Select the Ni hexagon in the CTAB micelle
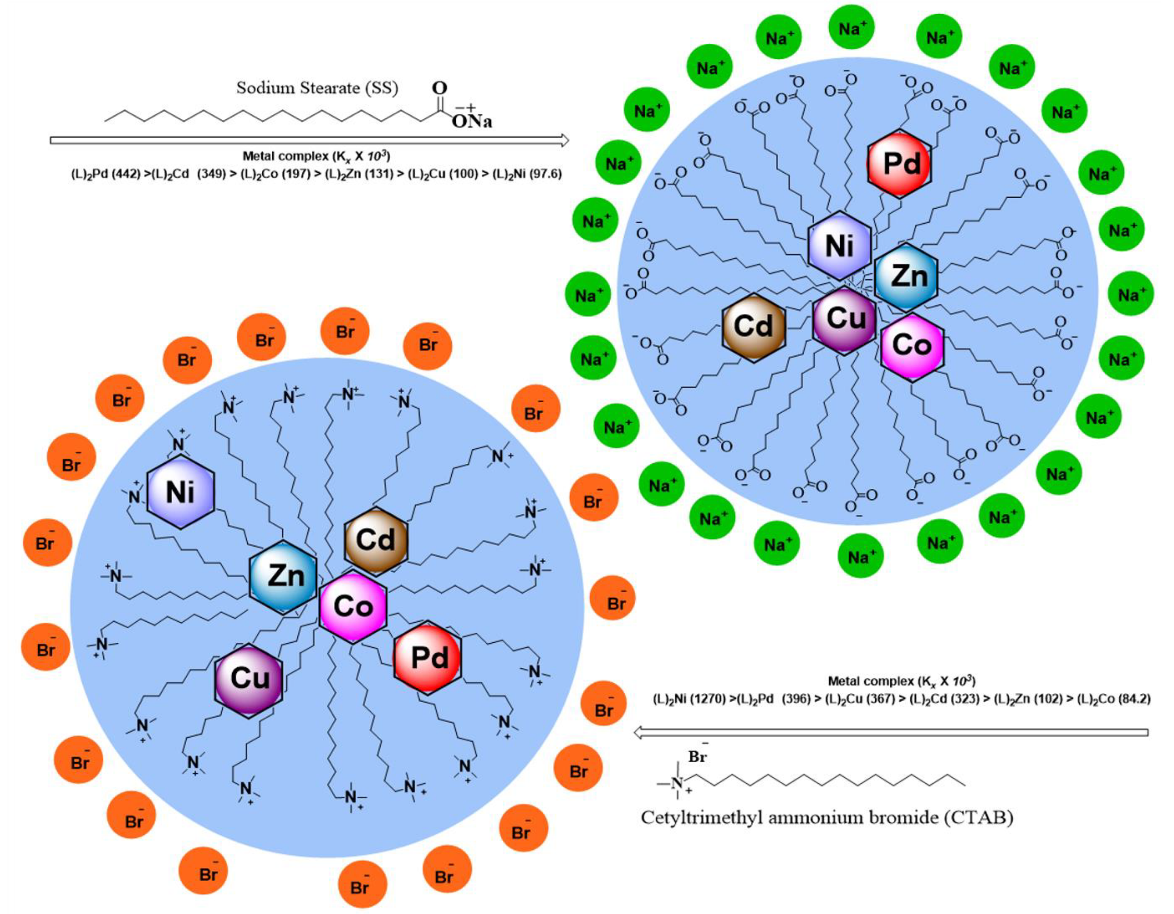click(180, 491)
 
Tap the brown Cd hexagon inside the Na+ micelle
click(753, 327)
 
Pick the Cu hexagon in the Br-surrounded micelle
click(249, 678)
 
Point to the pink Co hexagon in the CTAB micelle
click(353, 607)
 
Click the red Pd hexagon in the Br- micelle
click(428, 657)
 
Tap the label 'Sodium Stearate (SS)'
click(317, 88)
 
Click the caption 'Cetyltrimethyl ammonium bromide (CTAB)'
click(827, 818)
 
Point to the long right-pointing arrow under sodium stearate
click(309, 140)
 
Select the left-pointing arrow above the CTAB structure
click(891, 732)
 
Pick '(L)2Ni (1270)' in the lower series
click(689, 700)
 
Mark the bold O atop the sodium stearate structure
click(440, 88)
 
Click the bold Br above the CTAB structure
click(697, 757)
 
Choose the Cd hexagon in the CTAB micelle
click(375, 540)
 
